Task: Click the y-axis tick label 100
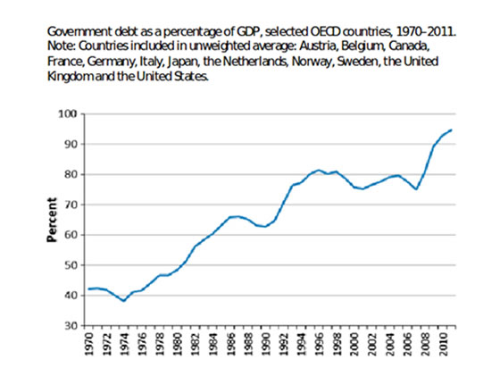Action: pyautogui.click(x=68, y=113)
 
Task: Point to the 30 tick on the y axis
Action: pyautogui.click(x=71, y=326)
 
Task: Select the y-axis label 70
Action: pyautogui.click(x=71, y=205)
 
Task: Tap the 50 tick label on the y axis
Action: pyautogui.click(x=71, y=265)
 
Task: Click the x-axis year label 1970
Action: pyautogui.click(x=89, y=344)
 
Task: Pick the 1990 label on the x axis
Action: pyautogui.click(x=266, y=344)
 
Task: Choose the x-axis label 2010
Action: pyautogui.click(x=442, y=344)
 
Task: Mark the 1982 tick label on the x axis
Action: pyautogui.click(x=196, y=344)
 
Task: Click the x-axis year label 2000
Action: pyautogui.click(x=354, y=344)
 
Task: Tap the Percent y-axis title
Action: pyautogui.click(x=52, y=220)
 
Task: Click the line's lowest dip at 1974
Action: pyautogui.click(x=124, y=301)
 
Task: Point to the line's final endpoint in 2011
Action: pyautogui.click(x=451, y=130)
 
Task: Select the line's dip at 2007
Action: pyautogui.click(x=416, y=189)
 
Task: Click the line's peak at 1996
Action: pyautogui.click(x=319, y=170)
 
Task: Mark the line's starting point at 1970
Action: pyautogui.click(x=89, y=289)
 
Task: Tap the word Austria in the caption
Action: pyautogui.click(x=319, y=46)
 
